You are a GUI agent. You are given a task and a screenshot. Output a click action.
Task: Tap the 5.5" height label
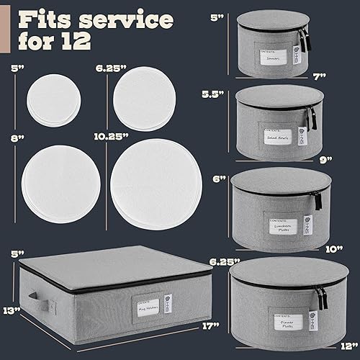click(x=228, y=94)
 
